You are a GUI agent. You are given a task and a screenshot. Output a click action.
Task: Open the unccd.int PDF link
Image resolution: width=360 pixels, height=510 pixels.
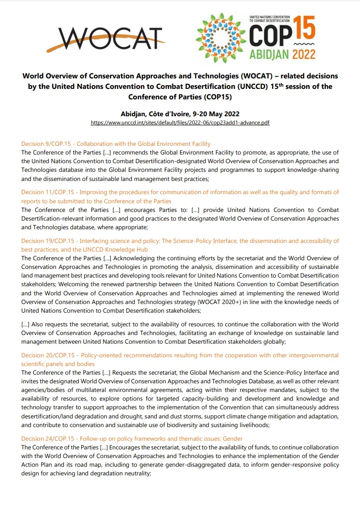tap(180, 123)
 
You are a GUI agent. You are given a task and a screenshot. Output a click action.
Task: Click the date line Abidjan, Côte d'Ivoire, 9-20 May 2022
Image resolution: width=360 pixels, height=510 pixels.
tap(180, 114)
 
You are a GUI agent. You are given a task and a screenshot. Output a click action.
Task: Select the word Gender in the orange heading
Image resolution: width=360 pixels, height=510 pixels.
tap(232, 438)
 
